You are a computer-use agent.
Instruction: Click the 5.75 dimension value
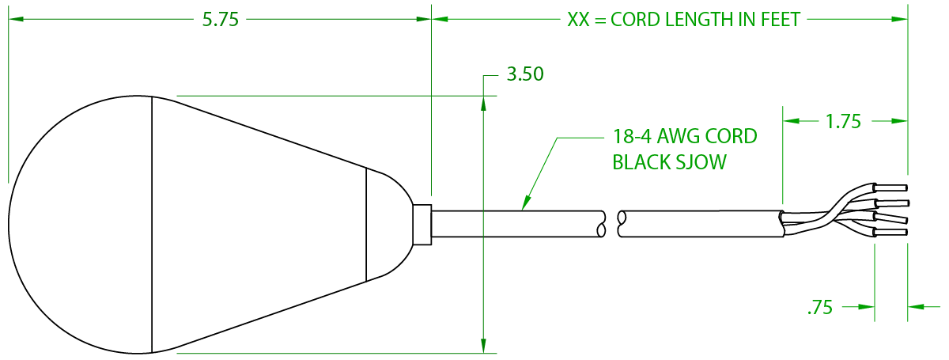coord(221,20)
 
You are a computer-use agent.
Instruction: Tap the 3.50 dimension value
coord(525,74)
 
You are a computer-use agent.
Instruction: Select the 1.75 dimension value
coord(844,122)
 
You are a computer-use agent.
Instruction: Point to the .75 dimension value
coord(820,308)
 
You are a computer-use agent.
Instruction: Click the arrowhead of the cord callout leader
coord(526,203)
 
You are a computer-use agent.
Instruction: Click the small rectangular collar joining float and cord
coord(422,225)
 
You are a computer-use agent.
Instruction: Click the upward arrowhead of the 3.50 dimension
coord(483,104)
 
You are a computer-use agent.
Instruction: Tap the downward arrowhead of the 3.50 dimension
coord(483,345)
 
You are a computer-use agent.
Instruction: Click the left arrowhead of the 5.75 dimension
coord(16,19)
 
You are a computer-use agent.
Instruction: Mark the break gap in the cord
coord(612,224)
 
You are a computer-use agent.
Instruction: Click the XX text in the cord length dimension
coord(578,20)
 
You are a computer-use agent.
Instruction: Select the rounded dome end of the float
coord(80,225)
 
